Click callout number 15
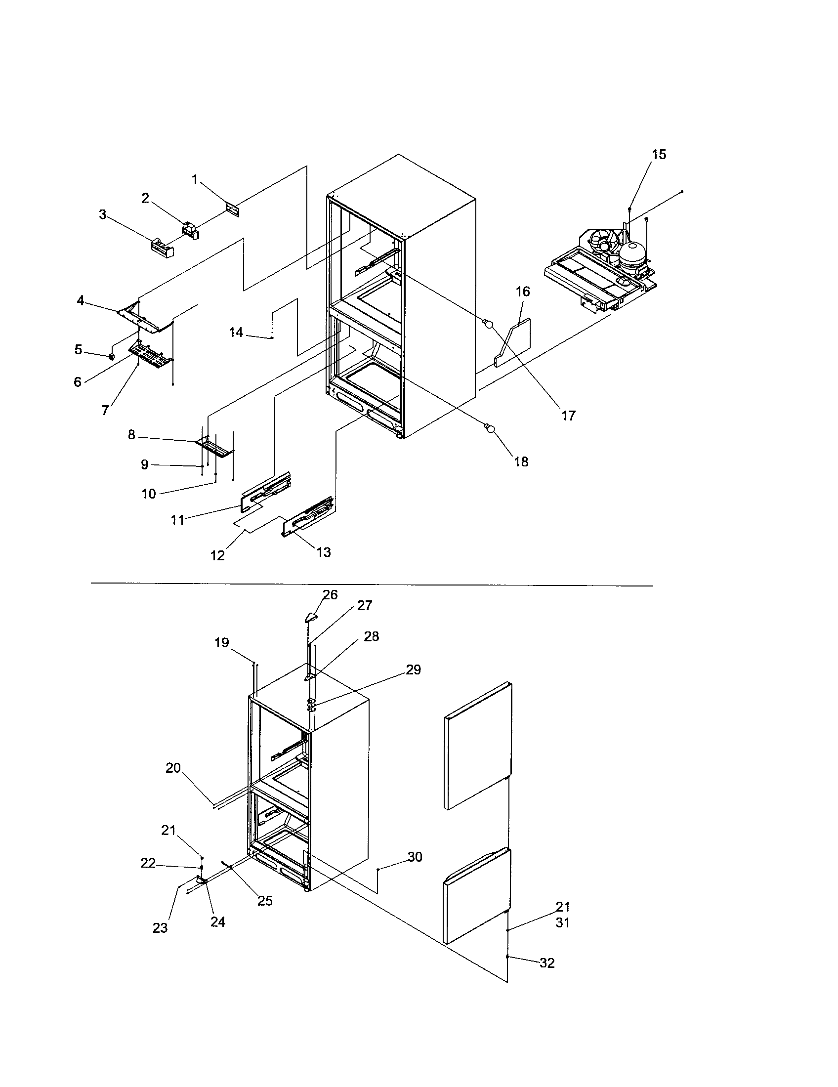pyautogui.click(x=659, y=155)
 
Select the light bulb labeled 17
pyautogui.click(x=489, y=325)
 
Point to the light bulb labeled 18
pyautogui.click(x=489, y=427)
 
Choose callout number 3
pyautogui.click(x=102, y=214)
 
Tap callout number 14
pyautogui.click(x=236, y=332)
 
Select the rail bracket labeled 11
pyautogui.click(x=266, y=493)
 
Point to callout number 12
pyautogui.click(x=217, y=555)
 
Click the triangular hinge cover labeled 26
pyautogui.click(x=310, y=617)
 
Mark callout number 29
pyautogui.click(x=413, y=670)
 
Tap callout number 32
pyautogui.click(x=547, y=963)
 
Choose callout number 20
pyautogui.click(x=173, y=768)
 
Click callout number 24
pyautogui.click(x=218, y=922)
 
